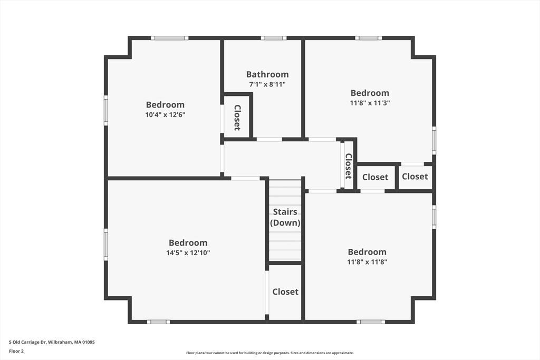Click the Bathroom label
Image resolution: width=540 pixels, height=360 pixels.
click(267, 74)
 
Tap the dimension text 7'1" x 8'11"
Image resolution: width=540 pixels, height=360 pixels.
click(267, 84)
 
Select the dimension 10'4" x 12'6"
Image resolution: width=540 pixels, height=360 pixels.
click(165, 114)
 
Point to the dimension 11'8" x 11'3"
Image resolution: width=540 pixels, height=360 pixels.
click(370, 103)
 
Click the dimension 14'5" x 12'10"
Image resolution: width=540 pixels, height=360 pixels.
click(188, 252)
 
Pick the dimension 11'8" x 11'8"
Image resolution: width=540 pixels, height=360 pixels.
click(367, 262)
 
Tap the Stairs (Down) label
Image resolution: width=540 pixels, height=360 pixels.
click(285, 217)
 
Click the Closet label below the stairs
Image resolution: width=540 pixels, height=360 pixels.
click(285, 291)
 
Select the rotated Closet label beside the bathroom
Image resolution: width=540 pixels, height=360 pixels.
click(237, 118)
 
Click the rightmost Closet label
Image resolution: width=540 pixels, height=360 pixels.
click(415, 177)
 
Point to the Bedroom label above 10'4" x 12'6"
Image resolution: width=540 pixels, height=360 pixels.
click(165, 104)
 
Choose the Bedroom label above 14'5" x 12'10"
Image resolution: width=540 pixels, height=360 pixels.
click(188, 242)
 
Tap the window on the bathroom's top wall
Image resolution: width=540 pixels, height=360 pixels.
click(274, 38)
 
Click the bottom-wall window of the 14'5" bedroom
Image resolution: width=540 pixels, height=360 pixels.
click(158, 322)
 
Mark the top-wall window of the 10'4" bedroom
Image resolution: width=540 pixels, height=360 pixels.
click(169, 38)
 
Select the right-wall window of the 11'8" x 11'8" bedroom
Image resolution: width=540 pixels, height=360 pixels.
click(434, 217)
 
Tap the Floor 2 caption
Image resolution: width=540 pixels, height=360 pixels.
click(16, 351)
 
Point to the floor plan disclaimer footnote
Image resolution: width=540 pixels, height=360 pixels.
click(269, 353)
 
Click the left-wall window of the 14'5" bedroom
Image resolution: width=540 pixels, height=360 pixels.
click(106, 244)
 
